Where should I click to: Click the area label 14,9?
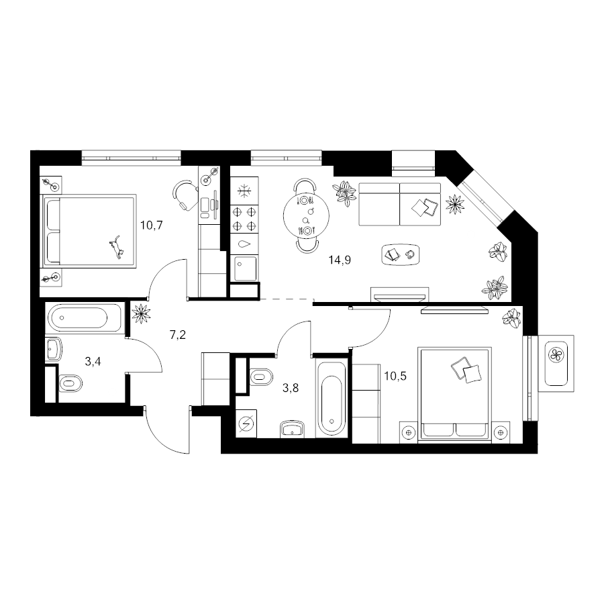340,260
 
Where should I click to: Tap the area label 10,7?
152,225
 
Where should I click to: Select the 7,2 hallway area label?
178,335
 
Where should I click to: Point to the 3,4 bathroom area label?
93,361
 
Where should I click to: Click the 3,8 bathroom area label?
291,388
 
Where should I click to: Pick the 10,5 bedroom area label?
395,376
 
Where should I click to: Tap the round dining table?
306,215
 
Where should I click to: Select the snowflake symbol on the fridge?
244,191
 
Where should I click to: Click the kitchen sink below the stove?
246,268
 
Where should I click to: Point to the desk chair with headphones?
184,195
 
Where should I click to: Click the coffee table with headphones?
400,254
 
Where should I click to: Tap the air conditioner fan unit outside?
556,364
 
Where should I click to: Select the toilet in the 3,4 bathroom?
70,383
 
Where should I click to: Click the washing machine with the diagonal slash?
246,423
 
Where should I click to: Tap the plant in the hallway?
141,313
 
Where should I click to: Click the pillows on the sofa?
425,207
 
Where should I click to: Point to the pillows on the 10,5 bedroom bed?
466,370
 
